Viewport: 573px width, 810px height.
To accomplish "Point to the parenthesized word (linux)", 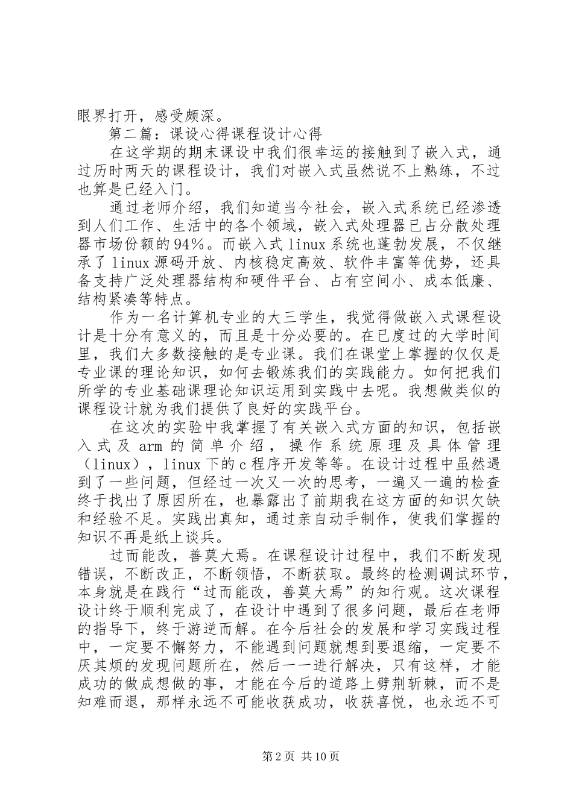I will pos(114,465).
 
